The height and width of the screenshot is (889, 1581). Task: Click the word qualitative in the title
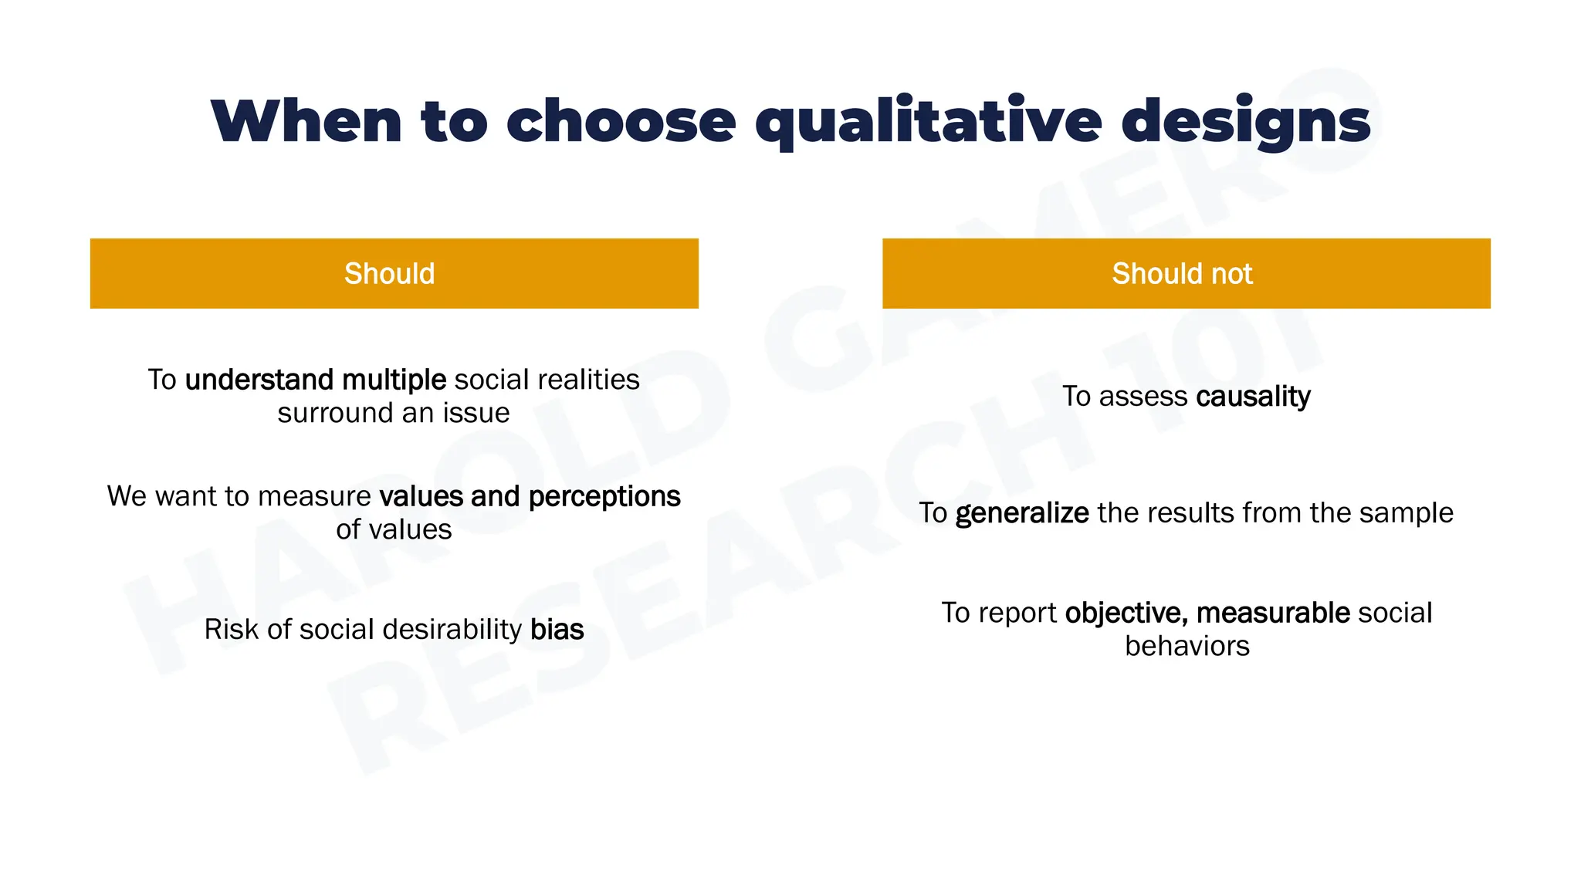[928, 122]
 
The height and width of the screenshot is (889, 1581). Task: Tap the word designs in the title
[1245, 122]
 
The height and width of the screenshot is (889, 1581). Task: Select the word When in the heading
[306, 122]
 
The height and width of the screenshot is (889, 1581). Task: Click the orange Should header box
[394, 273]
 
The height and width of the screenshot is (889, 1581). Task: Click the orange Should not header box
[1186, 273]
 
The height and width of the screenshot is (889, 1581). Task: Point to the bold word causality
[1253, 397]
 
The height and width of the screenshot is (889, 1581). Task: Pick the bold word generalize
[1021, 513]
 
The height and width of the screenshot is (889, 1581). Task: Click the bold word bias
[557, 630]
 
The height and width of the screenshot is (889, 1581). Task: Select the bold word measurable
[1273, 614]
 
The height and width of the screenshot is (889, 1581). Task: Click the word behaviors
[1187, 647]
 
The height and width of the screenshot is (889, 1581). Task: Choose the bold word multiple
[393, 380]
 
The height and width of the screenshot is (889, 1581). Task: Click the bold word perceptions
[604, 497]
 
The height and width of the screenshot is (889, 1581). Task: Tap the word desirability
[452, 630]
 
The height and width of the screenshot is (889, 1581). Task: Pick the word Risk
[231, 630]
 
